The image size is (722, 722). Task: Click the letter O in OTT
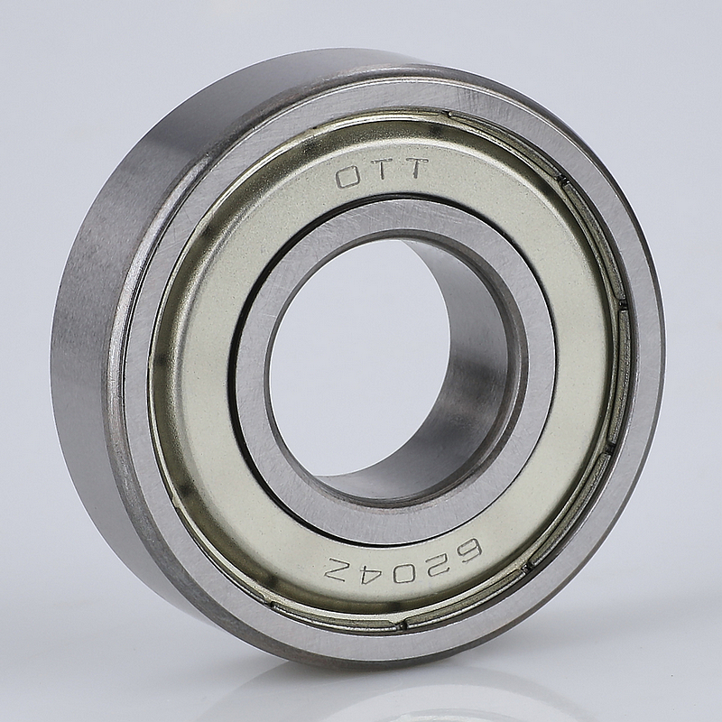coord(348,177)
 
